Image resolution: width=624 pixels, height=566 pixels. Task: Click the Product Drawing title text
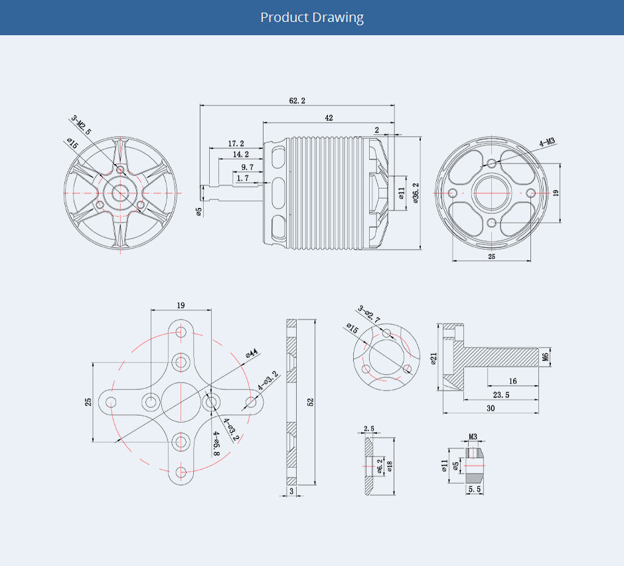[x=312, y=17]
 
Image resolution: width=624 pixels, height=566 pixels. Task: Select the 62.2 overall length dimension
[x=297, y=100]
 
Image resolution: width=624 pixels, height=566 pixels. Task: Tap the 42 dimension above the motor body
[x=329, y=118]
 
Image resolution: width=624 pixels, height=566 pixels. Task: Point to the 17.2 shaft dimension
[x=236, y=143]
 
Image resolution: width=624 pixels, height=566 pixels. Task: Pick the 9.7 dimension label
[x=247, y=167]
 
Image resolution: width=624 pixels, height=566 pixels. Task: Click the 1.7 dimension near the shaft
[x=242, y=178]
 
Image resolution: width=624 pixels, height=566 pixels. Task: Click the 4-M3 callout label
[x=547, y=141]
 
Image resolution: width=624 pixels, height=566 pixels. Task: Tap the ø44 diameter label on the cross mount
[x=252, y=353]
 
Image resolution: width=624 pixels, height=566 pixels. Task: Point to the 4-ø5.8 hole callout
[x=216, y=443]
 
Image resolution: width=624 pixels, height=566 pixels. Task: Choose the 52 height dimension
[x=310, y=403]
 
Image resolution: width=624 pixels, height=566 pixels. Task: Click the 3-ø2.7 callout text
[x=369, y=314]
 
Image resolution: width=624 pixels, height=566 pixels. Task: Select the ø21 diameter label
[x=433, y=359]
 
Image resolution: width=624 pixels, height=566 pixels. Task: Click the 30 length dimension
[x=491, y=409]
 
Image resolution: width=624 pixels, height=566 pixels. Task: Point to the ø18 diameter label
[x=390, y=465]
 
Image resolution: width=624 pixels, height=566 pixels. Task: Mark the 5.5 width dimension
[x=475, y=489]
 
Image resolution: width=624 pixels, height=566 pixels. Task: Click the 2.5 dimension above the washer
[x=369, y=428]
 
